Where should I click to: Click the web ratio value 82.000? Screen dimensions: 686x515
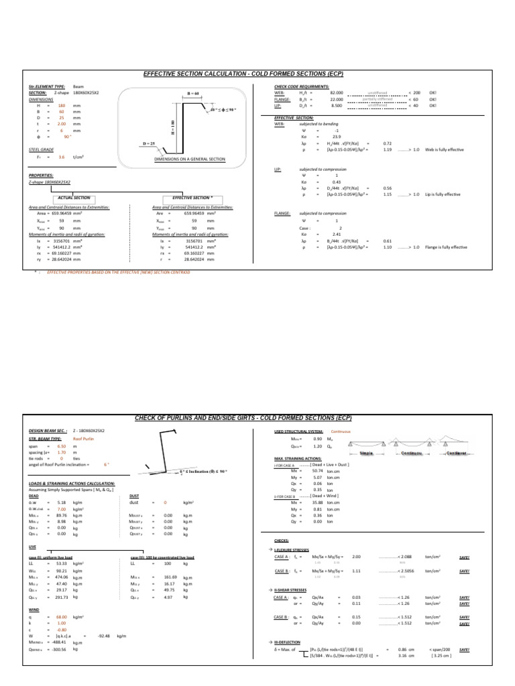click(337, 93)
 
